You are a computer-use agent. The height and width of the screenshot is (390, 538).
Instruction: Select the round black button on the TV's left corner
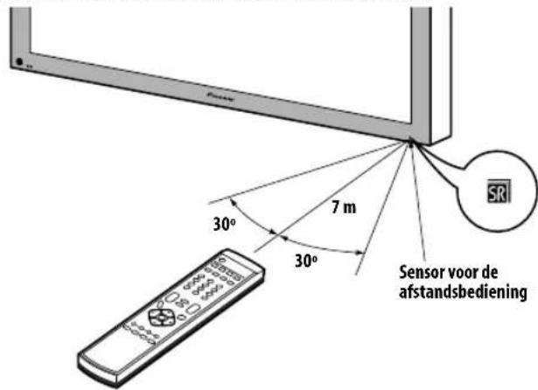(x=20, y=62)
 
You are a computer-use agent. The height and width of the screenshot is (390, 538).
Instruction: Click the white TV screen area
(x=219, y=26)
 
